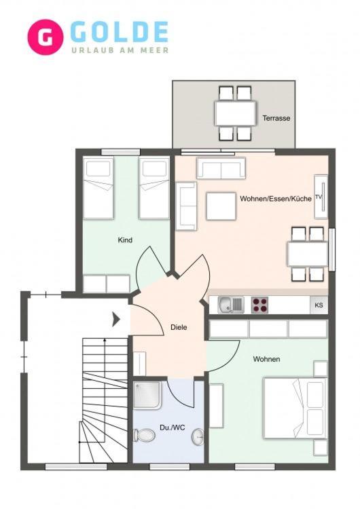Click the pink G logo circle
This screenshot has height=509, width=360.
tap(45, 37)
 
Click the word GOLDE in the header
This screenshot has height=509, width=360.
tap(119, 32)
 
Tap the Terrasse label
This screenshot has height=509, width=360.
tap(276, 118)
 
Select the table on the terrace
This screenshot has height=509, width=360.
tap(235, 113)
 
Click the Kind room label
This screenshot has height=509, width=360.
tap(125, 240)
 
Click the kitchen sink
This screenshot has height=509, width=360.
tap(231, 305)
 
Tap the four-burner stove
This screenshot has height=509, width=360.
tap(259, 305)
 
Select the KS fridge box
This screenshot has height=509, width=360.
tap(319, 305)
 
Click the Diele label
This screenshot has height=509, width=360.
tap(179, 327)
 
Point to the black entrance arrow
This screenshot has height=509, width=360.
tap(116, 320)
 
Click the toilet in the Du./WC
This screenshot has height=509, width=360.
tap(145, 435)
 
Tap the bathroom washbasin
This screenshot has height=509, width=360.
tap(198, 437)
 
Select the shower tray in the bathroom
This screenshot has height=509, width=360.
tap(147, 395)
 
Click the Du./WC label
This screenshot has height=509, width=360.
tap(173, 428)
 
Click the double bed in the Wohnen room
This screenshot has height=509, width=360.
tap(295, 408)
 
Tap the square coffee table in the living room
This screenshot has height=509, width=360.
tap(221, 206)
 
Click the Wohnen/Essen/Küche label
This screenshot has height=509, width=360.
tap(276, 199)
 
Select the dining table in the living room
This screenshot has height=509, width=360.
tap(308, 254)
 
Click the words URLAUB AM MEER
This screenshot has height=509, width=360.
tap(120, 50)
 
